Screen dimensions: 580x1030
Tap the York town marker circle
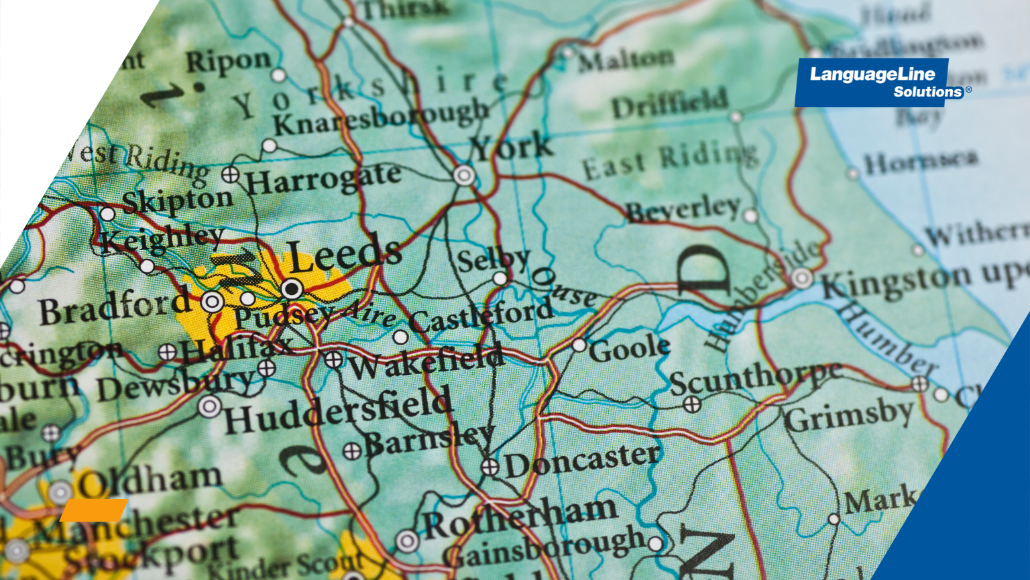[x=464, y=176]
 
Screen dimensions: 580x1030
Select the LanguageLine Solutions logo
[x=872, y=82]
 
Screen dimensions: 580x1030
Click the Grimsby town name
[x=849, y=416]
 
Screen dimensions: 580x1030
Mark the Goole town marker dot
[x=579, y=345]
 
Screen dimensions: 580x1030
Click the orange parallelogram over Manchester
[x=94, y=510]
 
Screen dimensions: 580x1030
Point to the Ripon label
[x=228, y=62]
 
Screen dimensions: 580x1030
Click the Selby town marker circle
[x=500, y=278]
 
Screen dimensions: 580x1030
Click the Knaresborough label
[x=380, y=117]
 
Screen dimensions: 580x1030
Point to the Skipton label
[x=177, y=200]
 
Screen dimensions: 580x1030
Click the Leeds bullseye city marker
[x=292, y=289]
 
